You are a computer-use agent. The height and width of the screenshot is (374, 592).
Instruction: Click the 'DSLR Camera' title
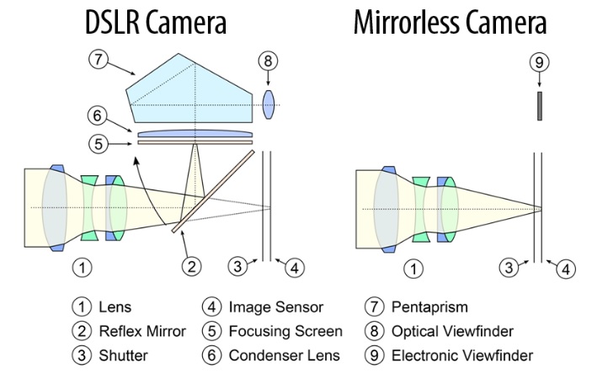point(156,23)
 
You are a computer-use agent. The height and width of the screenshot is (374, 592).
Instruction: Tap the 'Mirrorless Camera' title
point(451,23)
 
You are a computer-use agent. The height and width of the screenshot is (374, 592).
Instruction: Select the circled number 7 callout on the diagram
point(99,60)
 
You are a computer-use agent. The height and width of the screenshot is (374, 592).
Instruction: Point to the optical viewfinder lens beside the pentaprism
point(269,104)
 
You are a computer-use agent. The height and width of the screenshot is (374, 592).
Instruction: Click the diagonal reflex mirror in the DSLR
point(212,190)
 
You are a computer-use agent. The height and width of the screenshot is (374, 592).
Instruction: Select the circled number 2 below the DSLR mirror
point(193,268)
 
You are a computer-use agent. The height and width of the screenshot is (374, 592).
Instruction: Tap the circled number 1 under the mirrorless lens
point(413,268)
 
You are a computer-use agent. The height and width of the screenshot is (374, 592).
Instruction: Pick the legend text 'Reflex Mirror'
point(145,331)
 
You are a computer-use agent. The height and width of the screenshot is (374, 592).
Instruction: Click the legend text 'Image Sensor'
point(275,307)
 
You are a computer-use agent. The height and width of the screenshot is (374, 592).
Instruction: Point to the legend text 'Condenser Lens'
point(284,355)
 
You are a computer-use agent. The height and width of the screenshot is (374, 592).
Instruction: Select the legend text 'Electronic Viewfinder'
point(461,355)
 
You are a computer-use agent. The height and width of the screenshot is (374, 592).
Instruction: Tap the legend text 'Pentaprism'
point(429,307)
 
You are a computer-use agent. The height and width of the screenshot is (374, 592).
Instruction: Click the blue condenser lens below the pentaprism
point(195,133)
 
